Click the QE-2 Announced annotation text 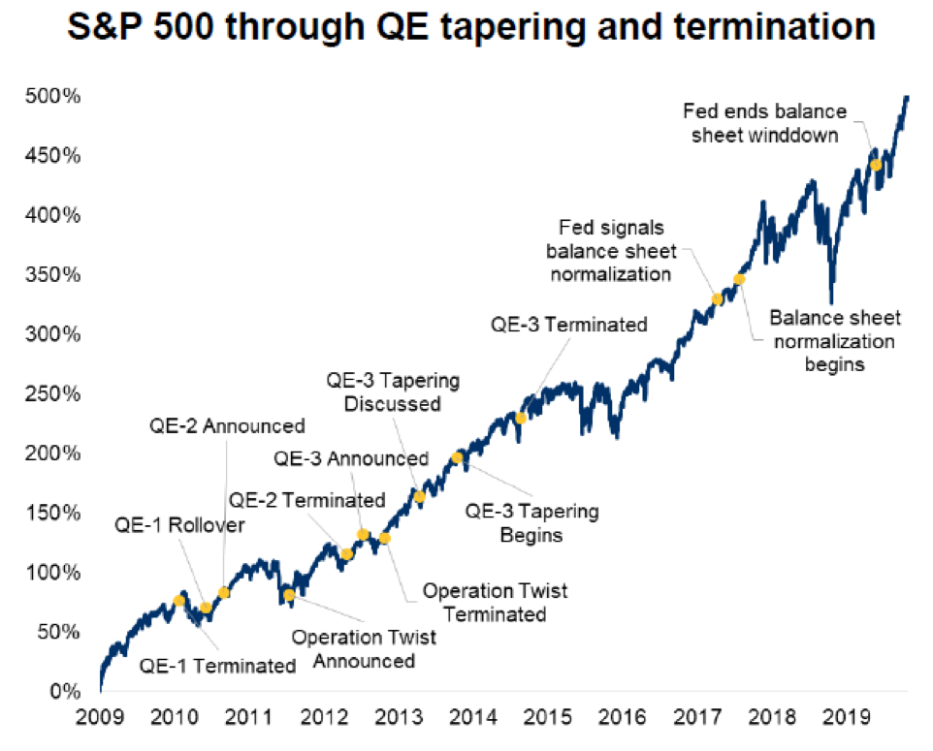227,425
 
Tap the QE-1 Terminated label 217,666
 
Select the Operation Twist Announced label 364,649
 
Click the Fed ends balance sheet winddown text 765,123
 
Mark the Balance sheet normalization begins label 834,341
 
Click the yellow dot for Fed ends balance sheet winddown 876,165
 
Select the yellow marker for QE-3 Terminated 521,418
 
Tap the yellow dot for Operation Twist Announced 289,595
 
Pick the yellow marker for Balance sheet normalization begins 739,279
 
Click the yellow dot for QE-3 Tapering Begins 457,457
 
